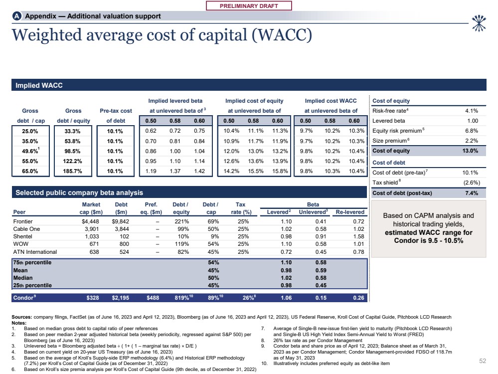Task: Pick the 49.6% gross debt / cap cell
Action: click(30, 151)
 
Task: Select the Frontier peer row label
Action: click(24, 220)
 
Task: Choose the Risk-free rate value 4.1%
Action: click(471, 111)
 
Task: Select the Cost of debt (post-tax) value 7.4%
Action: click(471, 193)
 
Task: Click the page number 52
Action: click(482, 359)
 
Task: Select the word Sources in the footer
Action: click(21, 317)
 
